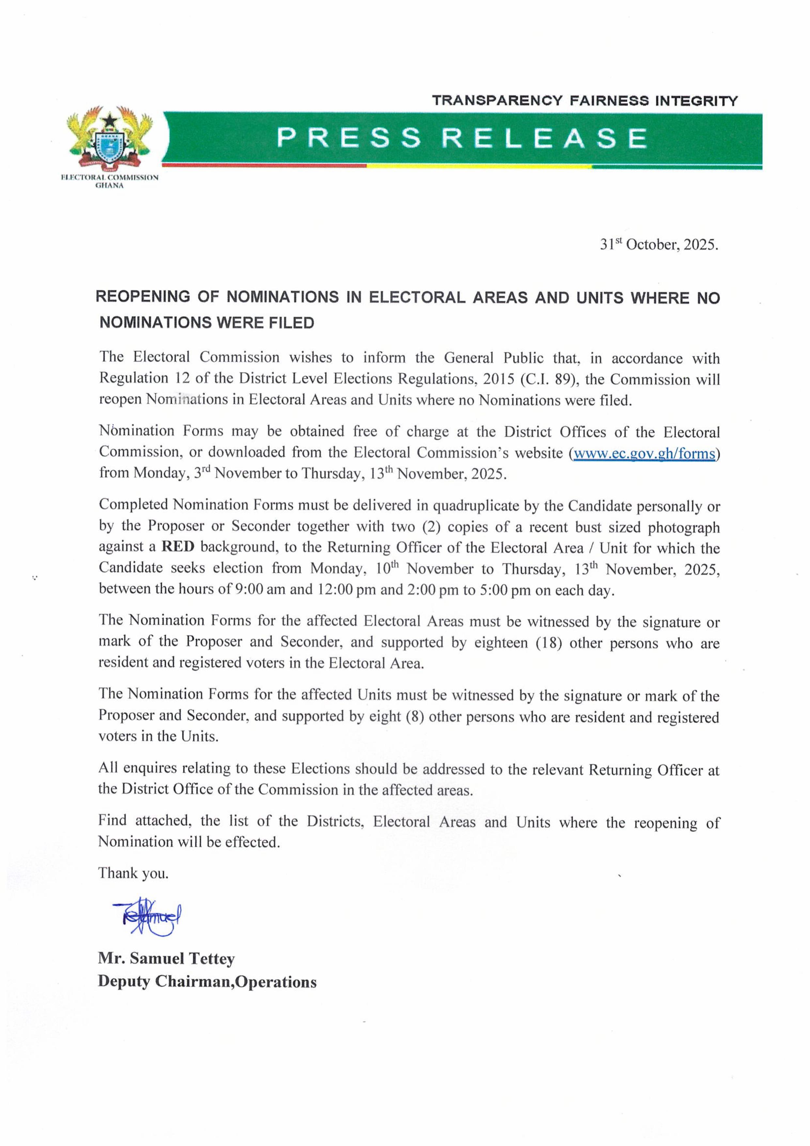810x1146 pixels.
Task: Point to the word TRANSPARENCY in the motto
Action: [498, 101]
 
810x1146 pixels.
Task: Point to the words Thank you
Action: [133, 873]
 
